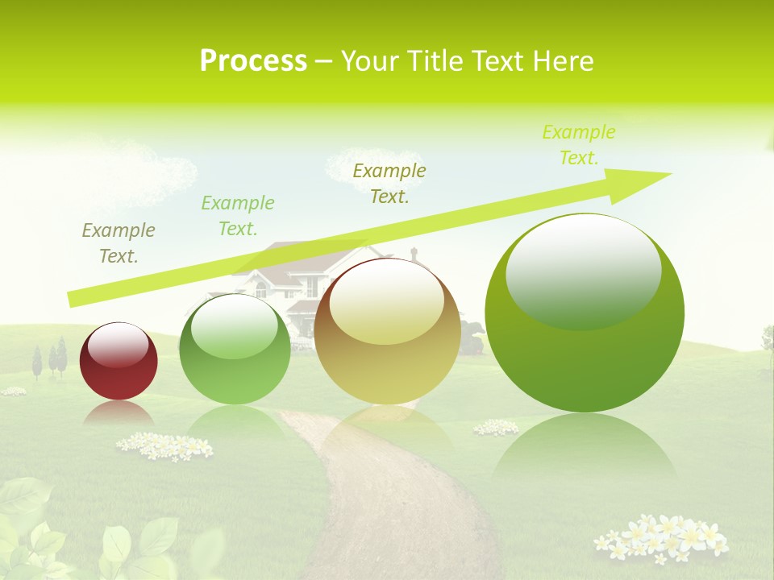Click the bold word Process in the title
tap(253, 61)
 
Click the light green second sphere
tap(235, 350)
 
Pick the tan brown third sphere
tap(388, 332)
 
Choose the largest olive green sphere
tap(585, 314)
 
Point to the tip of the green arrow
tap(669, 174)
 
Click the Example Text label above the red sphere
tap(119, 243)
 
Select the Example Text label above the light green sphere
tap(238, 216)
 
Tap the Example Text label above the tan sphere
tap(389, 184)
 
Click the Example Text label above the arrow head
tap(579, 145)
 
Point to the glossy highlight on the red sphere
tap(119, 345)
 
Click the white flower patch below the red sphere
tap(164, 445)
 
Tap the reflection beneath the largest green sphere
tap(585, 451)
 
